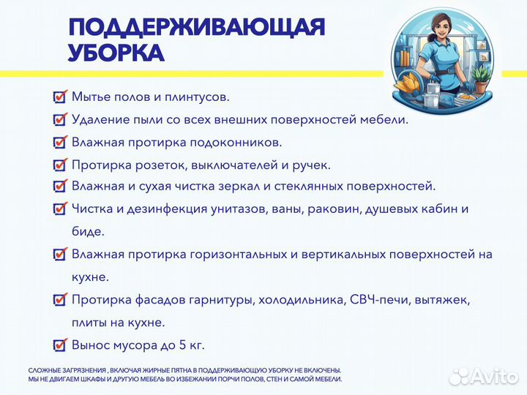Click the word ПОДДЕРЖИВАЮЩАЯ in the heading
[x=196, y=27]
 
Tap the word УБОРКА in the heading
[x=116, y=53]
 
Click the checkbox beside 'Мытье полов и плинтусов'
[x=60, y=97]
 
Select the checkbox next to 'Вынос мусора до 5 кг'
[x=60, y=345]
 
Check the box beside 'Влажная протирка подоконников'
[x=60, y=142]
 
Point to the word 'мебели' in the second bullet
[x=385, y=119]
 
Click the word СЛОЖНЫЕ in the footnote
[x=45, y=370]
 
